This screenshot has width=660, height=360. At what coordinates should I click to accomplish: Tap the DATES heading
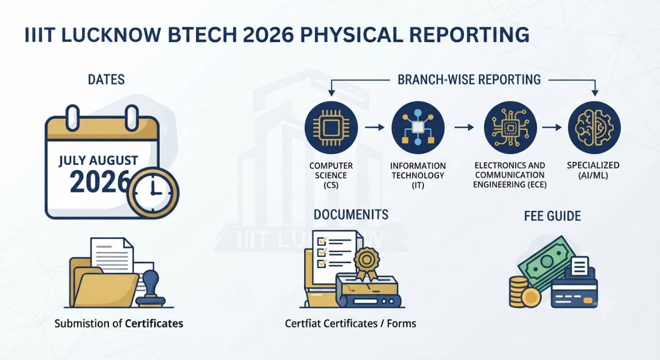pyautogui.click(x=106, y=79)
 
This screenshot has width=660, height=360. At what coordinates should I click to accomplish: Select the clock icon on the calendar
pyautogui.click(x=153, y=193)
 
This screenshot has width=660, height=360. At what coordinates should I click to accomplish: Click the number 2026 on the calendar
pyautogui.click(x=100, y=182)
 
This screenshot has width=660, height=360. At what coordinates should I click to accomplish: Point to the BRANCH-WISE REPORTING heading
pyautogui.click(x=469, y=79)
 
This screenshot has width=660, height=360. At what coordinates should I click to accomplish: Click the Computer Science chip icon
pyautogui.click(x=331, y=127)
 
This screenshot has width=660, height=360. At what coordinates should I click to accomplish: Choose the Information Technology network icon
pyautogui.click(x=418, y=127)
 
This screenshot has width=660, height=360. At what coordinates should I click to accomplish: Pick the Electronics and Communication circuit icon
pyautogui.click(x=510, y=127)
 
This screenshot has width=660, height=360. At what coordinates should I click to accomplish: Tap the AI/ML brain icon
pyautogui.click(x=595, y=127)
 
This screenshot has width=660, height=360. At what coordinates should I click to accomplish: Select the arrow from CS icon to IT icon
pyautogui.click(x=374, y=127)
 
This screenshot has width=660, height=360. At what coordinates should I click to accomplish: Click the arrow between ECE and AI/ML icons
pyautogui.click(x=552, y=127)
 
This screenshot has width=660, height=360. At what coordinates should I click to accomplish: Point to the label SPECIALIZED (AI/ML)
pyautogui.click(x=593, y=170)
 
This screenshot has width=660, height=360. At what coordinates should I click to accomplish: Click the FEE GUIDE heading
pyautogui.click(x=552, y=216)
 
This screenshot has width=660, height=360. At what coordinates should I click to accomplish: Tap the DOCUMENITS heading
pyautogui.click(x=351, y=215)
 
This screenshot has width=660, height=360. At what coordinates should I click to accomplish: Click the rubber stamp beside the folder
pyautogui.click(x=150, y=289)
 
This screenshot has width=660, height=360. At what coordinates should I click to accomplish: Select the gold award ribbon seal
pyautogui.click(x=367, y=264)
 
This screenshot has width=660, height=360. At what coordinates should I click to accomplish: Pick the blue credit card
pyautogui.click(x=574, y=293)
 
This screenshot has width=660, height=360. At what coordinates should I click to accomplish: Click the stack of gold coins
pyautogui.click(x=519, y=291)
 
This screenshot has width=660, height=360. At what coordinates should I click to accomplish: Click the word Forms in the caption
pyautogui.click(x=402, y=323)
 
